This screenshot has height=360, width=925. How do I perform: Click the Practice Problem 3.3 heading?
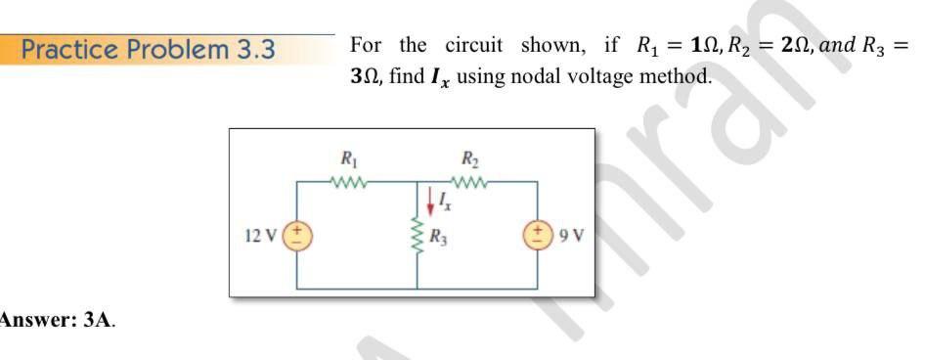148,49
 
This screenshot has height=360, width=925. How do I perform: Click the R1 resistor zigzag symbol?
349,181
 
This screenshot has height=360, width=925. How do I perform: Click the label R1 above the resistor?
348,157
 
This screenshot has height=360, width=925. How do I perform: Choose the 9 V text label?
571,236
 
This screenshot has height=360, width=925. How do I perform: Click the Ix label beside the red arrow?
445,202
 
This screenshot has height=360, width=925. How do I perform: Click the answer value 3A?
101,319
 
